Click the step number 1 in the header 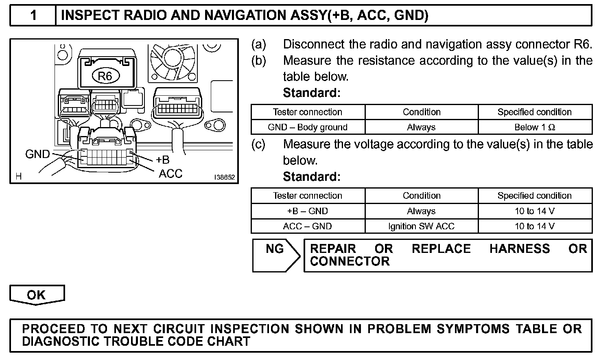[x=33, y=15]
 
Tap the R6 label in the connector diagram [x=105, y=76]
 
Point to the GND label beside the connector [x=37, y=154]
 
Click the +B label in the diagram [x=162, y=160]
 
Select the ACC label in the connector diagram [x=170, y=173]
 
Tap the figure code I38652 [x=225, y=178]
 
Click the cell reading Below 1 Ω [x=535, y=127]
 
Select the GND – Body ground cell [x=308, y=127]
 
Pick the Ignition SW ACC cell [x=421, y=226]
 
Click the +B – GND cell [x=308, y=211]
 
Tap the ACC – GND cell [x=308, y=226]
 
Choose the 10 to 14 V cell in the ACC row [x=535, y=226]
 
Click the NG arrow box [x=276, y=255]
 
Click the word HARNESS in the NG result [x=520, y=249]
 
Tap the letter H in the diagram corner [x=18, y=176]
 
